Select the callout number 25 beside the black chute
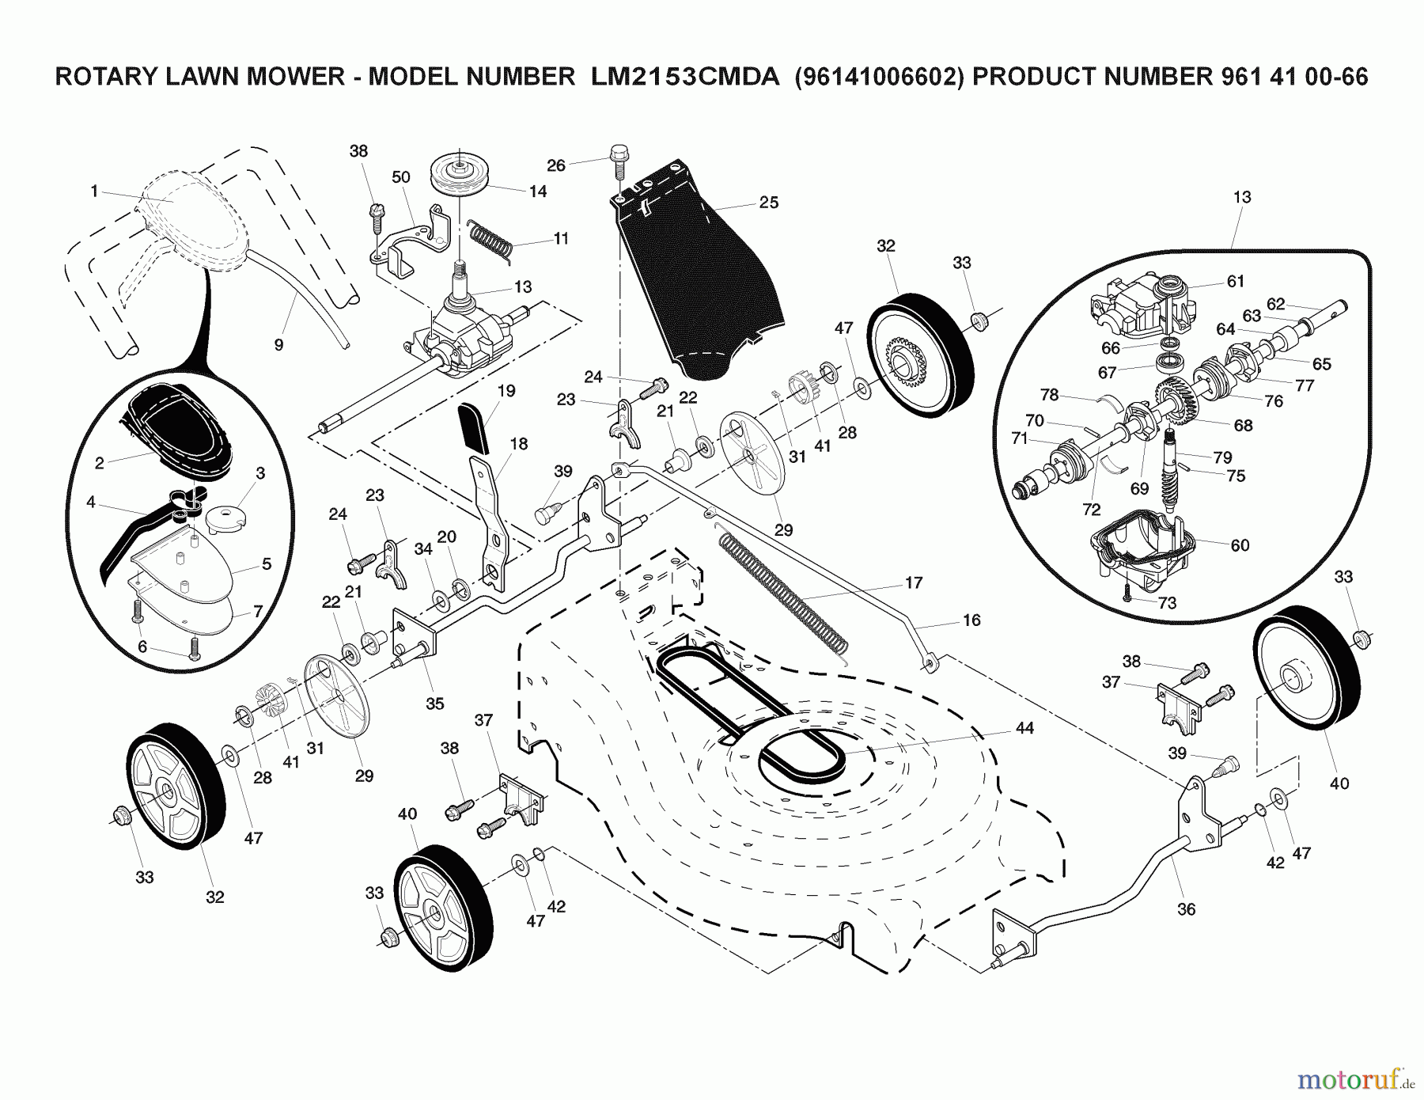click(x=768, y=203)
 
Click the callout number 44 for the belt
click(x=1024, y=728)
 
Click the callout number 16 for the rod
click(x=971, y=620)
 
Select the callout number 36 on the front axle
click(x=1186, y=909)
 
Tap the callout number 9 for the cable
click(x=278, y=344)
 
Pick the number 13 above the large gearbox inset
click(x=1241, y=197)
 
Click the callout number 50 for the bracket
click(x=401, y=176)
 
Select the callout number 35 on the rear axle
click(x=434, y=704)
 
